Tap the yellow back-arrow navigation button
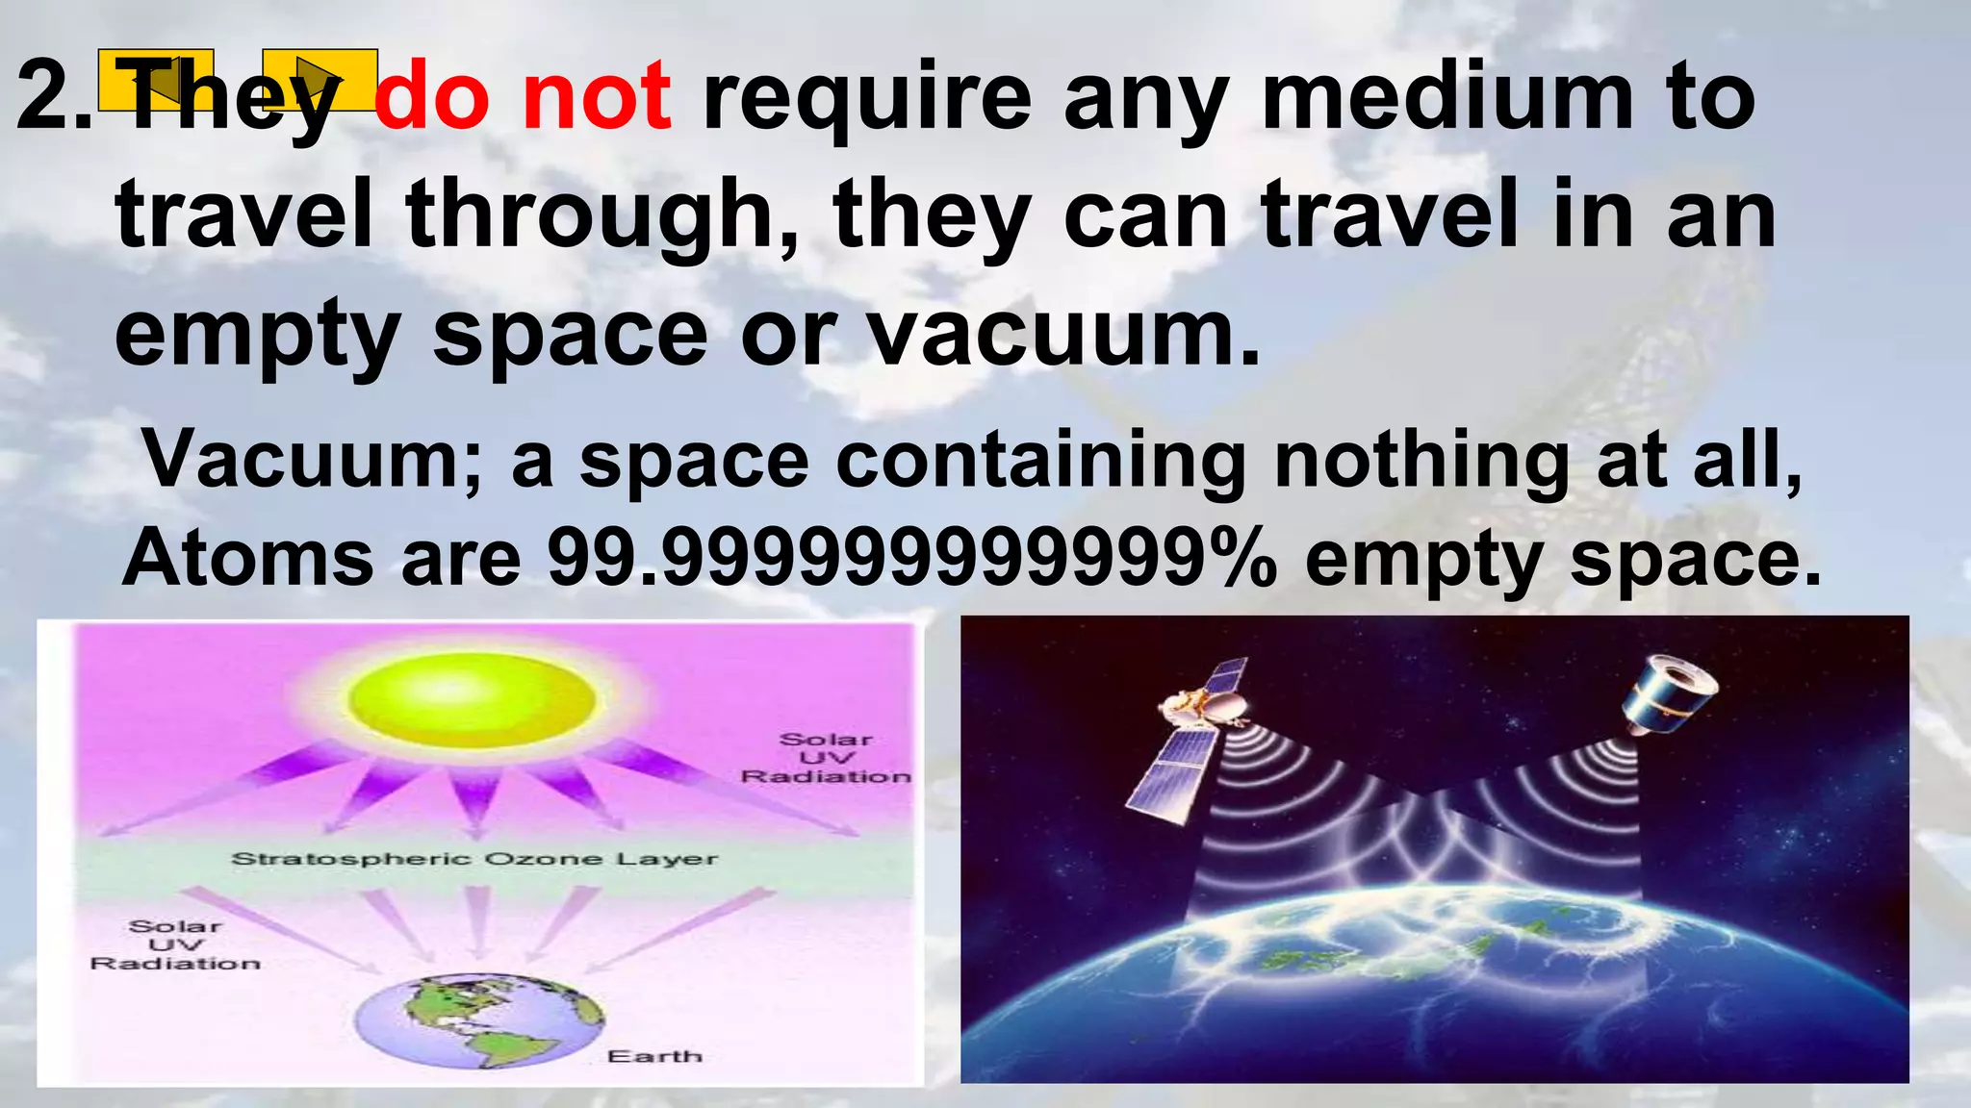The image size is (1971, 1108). click(156, 79)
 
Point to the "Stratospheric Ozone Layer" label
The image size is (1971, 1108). click(474, 859)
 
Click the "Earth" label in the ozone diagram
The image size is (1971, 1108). click(654, 1056)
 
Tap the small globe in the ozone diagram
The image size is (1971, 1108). click(479, 1020)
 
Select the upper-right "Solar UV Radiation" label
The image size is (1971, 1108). click(826, 758)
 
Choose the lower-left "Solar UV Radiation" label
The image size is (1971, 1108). click(175, 944)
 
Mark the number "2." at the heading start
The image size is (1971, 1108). click(54, 97)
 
